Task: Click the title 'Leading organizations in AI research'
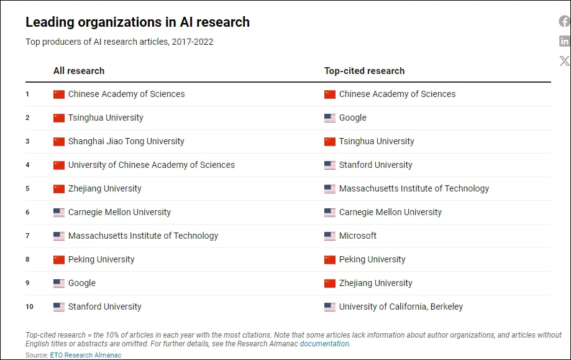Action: click(137, 22)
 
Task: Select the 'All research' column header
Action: click(79, 71)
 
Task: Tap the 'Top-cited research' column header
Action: click(364, 71)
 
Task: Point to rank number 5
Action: click(27, 188)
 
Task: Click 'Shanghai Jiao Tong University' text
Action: click(126, 141)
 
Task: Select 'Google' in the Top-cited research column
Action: click(352, 118)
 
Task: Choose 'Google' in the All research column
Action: click(81, 283)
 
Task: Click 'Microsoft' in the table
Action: click(357, 236)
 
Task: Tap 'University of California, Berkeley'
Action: click(401, 307)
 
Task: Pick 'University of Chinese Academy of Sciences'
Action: click(151, 165)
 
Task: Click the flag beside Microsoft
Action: click(330, 236)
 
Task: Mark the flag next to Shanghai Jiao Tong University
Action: click(59, 142)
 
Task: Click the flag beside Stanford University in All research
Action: click(59, 307)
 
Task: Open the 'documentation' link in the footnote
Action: click(324, 344)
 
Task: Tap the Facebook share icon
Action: click(564, 22)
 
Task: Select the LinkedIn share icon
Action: click(564, 41)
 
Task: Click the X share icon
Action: click(564, 61)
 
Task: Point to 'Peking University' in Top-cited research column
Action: click(372, 259)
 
